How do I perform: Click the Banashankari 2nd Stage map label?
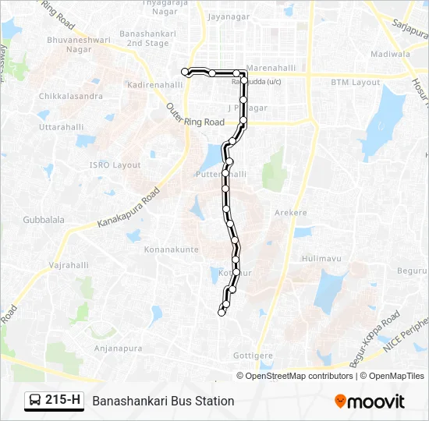pos(144,39)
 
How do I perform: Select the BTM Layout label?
pos(355,82)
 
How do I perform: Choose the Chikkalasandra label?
pos(71,96)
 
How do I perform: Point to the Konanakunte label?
pos(172,249)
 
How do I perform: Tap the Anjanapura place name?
pos(119,348)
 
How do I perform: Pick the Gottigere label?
pos(254,355)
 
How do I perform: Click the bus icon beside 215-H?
pos(36,401)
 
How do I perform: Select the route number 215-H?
pos(63,401)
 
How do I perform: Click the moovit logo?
pos(370,401)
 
